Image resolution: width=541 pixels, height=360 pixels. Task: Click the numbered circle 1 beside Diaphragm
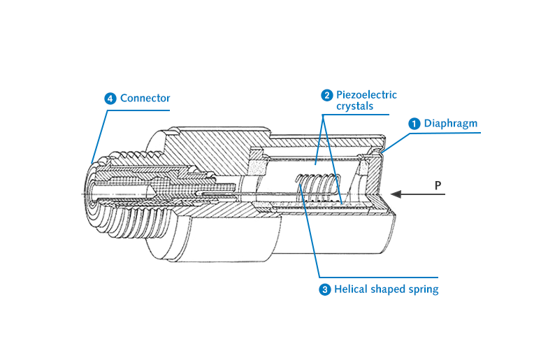coord(414,123)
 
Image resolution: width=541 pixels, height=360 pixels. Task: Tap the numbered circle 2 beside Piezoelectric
coord(326,95)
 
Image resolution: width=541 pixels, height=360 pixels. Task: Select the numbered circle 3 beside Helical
coord(325,289)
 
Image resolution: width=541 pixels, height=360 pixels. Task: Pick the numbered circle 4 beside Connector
coord(110,99)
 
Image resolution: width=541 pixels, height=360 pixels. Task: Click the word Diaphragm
coord(451,123)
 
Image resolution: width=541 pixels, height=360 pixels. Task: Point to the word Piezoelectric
coord(366,95)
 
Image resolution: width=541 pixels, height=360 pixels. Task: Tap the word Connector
coord(145,99)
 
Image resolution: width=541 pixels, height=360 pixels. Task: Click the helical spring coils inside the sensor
coord(318,189)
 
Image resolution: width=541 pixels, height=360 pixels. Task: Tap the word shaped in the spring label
coord(388,289)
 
